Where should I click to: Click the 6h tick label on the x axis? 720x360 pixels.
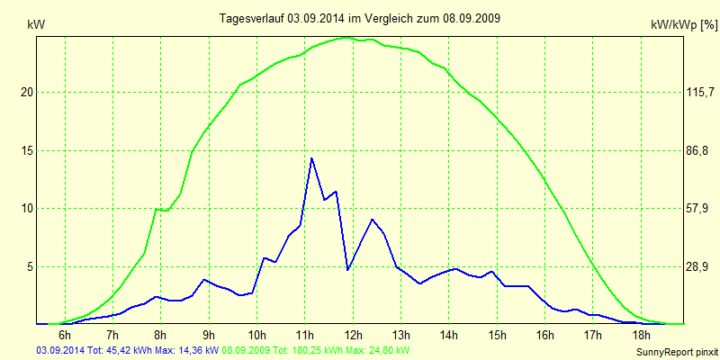click(65, 336)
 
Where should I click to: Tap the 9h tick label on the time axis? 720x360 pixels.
click(209, 336)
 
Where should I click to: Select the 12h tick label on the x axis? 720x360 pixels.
click(353, 336)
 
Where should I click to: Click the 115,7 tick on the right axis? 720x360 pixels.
click(699, 92)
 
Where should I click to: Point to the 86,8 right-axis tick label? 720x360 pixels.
click(699, 150)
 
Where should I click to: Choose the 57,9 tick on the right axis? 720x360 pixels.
click(699, 208)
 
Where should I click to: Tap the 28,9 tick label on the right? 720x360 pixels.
click(699, 266)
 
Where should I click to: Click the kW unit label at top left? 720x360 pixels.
click(36, 25)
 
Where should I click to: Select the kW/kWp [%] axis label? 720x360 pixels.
click(683, 27)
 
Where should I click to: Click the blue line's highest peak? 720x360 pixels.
click(311, 158)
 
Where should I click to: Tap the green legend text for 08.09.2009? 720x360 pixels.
click(316, 349)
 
